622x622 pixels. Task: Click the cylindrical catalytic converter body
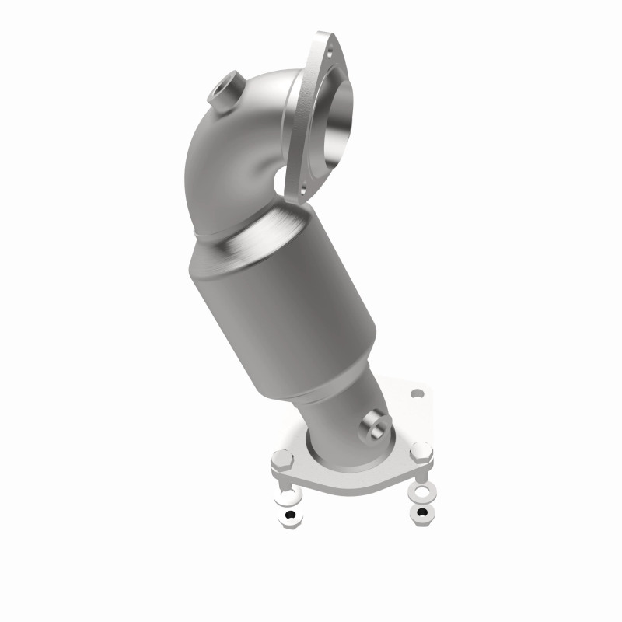[284, 311]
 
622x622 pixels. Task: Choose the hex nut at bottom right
[425, 512]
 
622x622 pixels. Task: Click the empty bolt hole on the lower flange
[417, 393]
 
